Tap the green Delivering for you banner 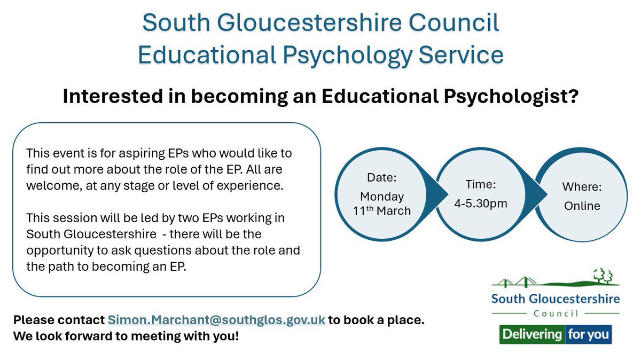click(556, 335)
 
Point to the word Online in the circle click(582, 206)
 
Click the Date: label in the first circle click(381, 178)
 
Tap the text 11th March click(382, 210)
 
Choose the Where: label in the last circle click(582, 187)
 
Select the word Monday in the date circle click(381, 197)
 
